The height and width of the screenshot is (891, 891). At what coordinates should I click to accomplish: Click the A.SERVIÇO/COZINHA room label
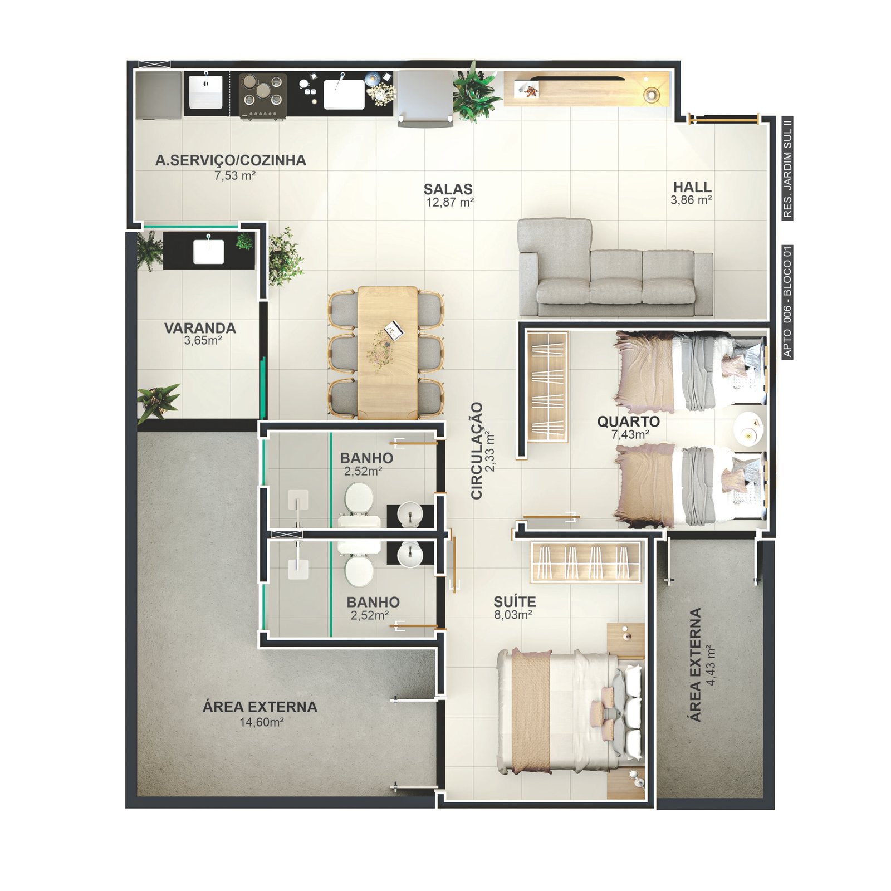231,160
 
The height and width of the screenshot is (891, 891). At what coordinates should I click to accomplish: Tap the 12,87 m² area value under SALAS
450,203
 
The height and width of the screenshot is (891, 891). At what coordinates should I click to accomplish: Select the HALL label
692,187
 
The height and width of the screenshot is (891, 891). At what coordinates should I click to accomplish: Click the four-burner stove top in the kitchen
263,94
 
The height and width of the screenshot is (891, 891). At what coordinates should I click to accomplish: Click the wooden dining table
388,353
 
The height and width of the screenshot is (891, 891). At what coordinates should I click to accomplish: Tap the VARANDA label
200,328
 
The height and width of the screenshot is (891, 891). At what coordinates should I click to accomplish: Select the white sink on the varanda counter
209,252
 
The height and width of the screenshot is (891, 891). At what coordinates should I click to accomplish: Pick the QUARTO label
628,422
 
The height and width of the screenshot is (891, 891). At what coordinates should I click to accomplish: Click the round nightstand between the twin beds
748,429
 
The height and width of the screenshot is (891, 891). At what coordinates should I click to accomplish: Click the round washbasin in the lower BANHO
411,554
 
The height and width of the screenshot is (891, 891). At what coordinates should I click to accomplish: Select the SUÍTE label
515,601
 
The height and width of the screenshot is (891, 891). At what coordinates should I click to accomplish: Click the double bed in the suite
571,711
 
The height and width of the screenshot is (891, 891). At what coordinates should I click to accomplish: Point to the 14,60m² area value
262,722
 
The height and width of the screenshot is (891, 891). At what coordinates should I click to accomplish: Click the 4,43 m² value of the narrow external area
711,665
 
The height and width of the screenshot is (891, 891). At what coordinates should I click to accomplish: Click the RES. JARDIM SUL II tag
787,168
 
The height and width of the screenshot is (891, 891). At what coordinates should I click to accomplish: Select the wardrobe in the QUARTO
547,387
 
